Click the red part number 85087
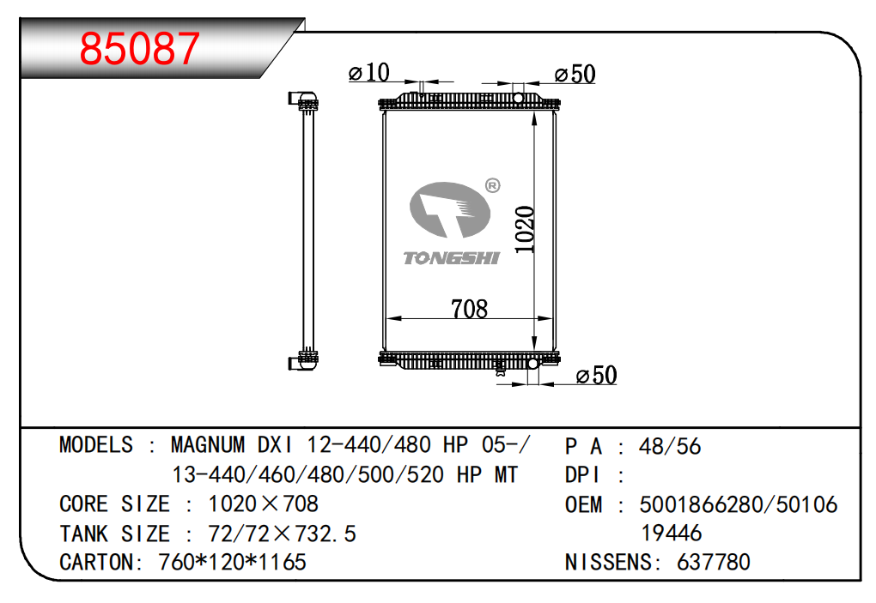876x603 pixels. click(x=140, y=48)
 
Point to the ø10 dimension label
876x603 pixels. click(x=368, y=72)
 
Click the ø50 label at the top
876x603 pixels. click(x=575, y=74)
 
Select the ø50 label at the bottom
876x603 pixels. click(x=596, y=375)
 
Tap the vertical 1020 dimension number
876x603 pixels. click(x=525, y=229)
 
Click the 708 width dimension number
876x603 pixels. click(x=469, y=309)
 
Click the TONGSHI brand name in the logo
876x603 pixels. click(x=452, y=258)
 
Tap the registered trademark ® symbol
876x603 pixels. click(x=492, y=185)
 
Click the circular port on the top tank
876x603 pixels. click(x=518, y=99)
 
